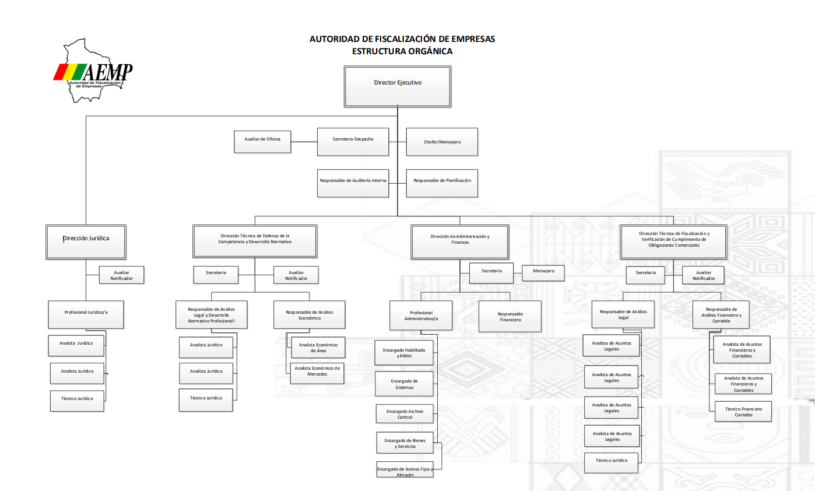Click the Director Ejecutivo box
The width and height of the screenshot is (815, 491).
click(398, 87)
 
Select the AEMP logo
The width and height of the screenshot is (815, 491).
click(93, 71)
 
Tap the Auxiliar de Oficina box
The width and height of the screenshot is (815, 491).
click(262, 142)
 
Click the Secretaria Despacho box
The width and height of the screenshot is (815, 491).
click(353, 142)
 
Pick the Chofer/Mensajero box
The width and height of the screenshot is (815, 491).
click(442, 142)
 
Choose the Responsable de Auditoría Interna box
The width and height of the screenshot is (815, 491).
click(353, 184)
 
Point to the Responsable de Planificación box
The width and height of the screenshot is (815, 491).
click(442, 184)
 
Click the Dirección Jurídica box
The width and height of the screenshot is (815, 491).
click(86, 242)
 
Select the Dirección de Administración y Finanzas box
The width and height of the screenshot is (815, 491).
click(460, 242)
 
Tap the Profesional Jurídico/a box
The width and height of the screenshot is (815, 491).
click(86, 315)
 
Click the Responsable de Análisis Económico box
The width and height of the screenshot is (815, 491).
click(309, 315)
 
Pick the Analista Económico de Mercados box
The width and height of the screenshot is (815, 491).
click(317, 373)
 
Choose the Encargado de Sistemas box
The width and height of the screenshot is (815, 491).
click(404, 384)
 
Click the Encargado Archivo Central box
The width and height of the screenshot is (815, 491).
click(405, 414)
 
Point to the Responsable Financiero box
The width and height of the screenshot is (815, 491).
click(510, 317)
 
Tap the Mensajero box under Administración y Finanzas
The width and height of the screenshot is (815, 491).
click(543, 273)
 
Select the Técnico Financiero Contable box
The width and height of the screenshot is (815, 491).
click(743, 412)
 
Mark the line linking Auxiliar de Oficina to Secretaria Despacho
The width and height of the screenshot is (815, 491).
click(304, 142)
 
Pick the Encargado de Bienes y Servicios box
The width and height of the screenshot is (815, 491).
click(405, 443)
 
